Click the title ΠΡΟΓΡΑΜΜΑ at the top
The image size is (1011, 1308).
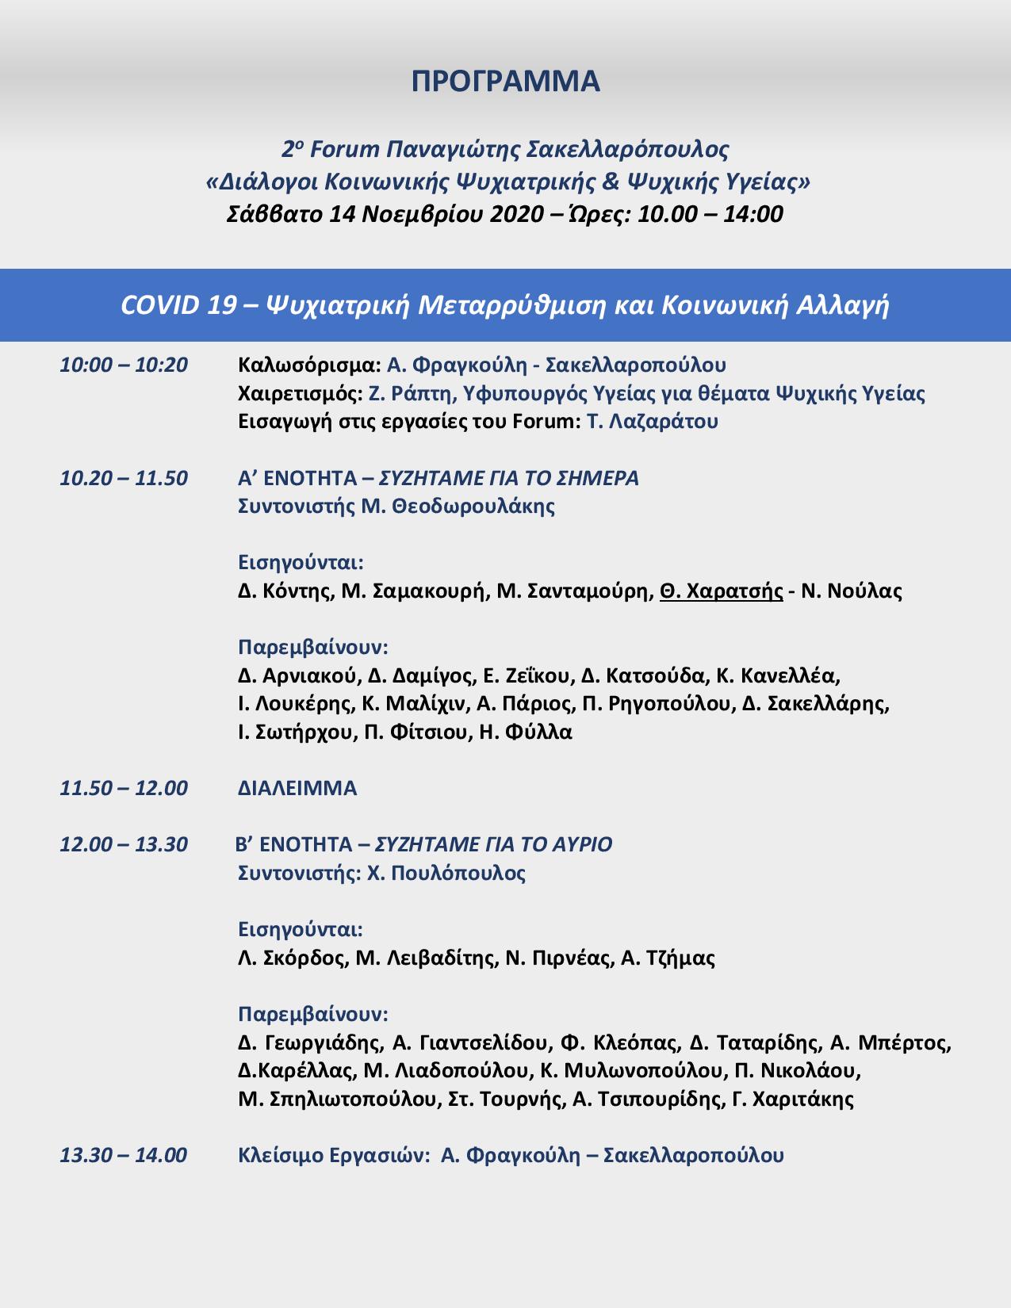[x=505, y=82]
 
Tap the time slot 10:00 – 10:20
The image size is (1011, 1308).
[x=124, y=365]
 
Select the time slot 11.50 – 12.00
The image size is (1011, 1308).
[x=124, y=789]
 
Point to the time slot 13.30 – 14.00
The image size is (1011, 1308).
[x=124, y=1155]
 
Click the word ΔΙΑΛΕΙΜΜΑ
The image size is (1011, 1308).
[x=297, y=789]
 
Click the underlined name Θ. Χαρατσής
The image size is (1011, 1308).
[x=721, y=591]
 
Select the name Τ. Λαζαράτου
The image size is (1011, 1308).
[x=653, y=422]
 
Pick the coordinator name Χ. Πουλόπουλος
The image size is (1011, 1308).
[x=446, y=874]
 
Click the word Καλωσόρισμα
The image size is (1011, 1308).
[x=309, y=365]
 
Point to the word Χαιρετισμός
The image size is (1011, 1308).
[x=301, y=394]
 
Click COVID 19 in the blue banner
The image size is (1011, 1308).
[x=178, y=306]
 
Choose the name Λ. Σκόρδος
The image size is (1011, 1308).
[x=293, y=958]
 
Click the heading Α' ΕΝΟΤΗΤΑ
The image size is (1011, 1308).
[x=297, y=479]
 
